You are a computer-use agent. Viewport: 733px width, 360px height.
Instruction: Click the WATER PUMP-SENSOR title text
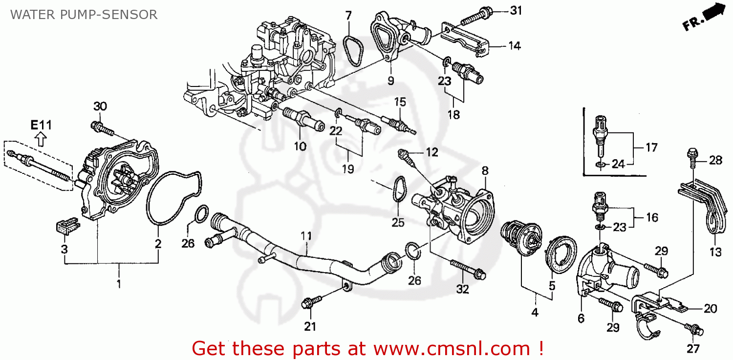click(84, 15)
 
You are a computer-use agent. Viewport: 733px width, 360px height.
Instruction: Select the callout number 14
click(514, 46)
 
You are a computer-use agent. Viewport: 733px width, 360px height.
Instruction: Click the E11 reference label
click(41, 125)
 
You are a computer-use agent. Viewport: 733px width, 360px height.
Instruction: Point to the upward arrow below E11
click(41, 140)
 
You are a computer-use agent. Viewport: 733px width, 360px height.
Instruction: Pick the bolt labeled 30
click(102, 129)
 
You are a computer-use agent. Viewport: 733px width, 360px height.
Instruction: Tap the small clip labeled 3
click(65, 227)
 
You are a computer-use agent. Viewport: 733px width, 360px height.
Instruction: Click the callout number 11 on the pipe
click(306, 236)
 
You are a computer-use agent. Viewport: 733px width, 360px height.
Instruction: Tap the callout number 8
click(485, 171)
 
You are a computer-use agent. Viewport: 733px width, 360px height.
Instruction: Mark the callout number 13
click(715, 253)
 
